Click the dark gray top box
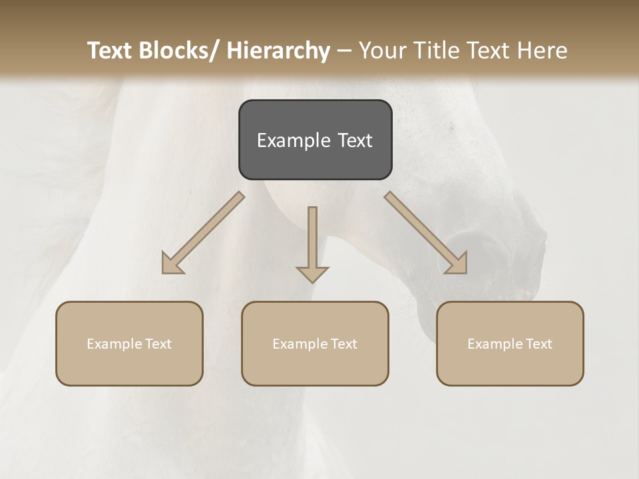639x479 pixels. click(315, 140)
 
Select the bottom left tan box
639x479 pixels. click(129, 343)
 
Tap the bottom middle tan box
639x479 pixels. click(315, 343)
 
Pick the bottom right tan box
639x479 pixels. click(510, 343)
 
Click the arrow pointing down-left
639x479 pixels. click(203, 233)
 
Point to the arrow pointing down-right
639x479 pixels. click(426, 233)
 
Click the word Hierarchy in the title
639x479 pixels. click(278, 51)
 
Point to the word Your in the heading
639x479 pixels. click(383, 51)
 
